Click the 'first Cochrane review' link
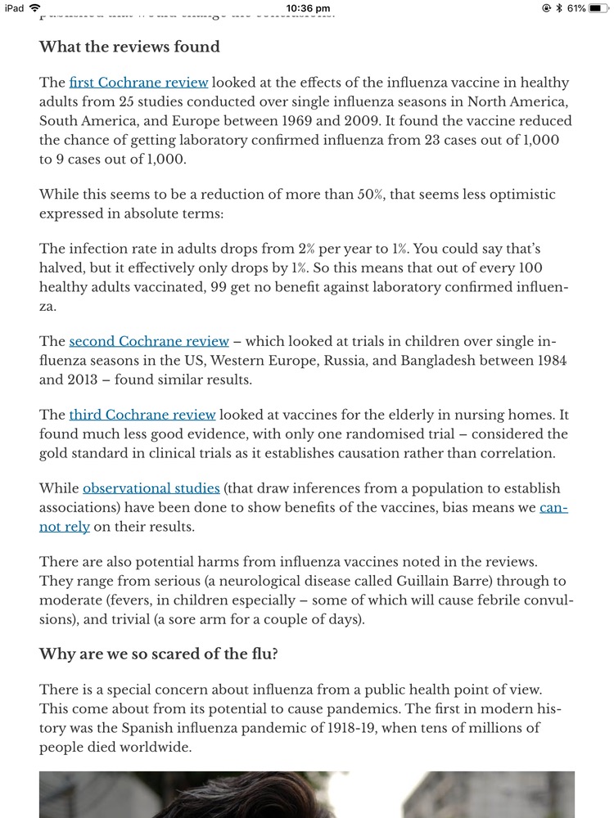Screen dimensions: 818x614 tap(138, 83)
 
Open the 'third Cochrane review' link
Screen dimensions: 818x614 tap(142, 415)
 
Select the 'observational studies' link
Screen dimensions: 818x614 tap(151, 488)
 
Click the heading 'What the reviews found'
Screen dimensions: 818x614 tap(129, 47)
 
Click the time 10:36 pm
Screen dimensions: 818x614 tap(309, 8)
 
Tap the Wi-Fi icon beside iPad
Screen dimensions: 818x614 tap(34, 8)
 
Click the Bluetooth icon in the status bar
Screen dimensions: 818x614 tap(558, 8)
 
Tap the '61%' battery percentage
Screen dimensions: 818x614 tap(576, 8)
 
